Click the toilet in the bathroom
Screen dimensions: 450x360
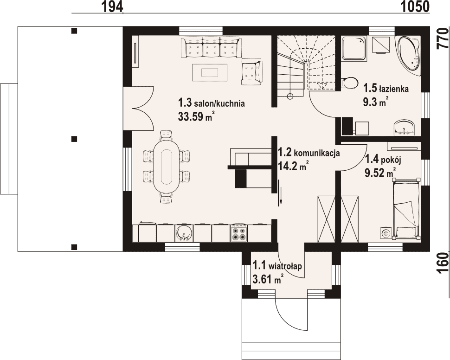tap(349, 83)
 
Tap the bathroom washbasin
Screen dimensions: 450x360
tap(405, 127)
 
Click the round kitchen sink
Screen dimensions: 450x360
tap(183, 233)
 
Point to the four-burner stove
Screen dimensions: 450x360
tap(239, 233)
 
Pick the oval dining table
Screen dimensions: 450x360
tap(167, 167)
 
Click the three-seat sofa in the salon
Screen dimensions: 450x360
tap(210, 47)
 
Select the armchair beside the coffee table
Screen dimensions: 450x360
tap(252, 71)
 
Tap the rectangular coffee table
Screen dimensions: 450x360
tap(210, 73)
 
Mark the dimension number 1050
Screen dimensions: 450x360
tap(415, 6)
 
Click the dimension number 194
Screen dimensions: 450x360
tap(112, 6)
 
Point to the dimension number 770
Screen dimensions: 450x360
tap(442, 39)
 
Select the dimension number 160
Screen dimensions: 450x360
tap(442, 263)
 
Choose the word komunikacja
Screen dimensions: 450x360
tap(317, 153)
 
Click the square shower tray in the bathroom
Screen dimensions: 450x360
tap(354, 48)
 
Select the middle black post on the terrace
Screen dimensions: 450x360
tap(74, 139)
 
